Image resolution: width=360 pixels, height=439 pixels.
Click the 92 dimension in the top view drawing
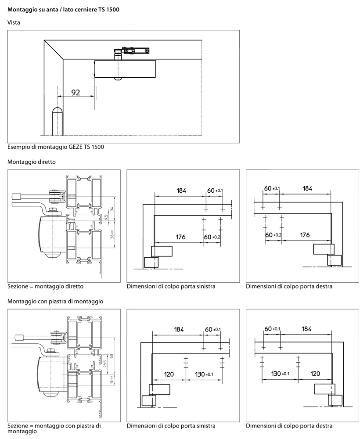click(x=76, y=93)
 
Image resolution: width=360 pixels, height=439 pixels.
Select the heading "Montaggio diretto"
click(x=32, y=162)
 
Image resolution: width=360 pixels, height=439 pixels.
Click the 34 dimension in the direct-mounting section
click(x=111, y=209)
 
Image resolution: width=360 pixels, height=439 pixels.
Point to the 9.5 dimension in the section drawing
click(x=106, y=217)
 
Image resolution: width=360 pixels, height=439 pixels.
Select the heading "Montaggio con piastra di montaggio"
click(x=55, y=302)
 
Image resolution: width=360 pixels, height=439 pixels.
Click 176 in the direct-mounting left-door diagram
click(x=180, y=237)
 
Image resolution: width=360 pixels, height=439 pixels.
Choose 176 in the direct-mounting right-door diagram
click(x=305, y=235)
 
